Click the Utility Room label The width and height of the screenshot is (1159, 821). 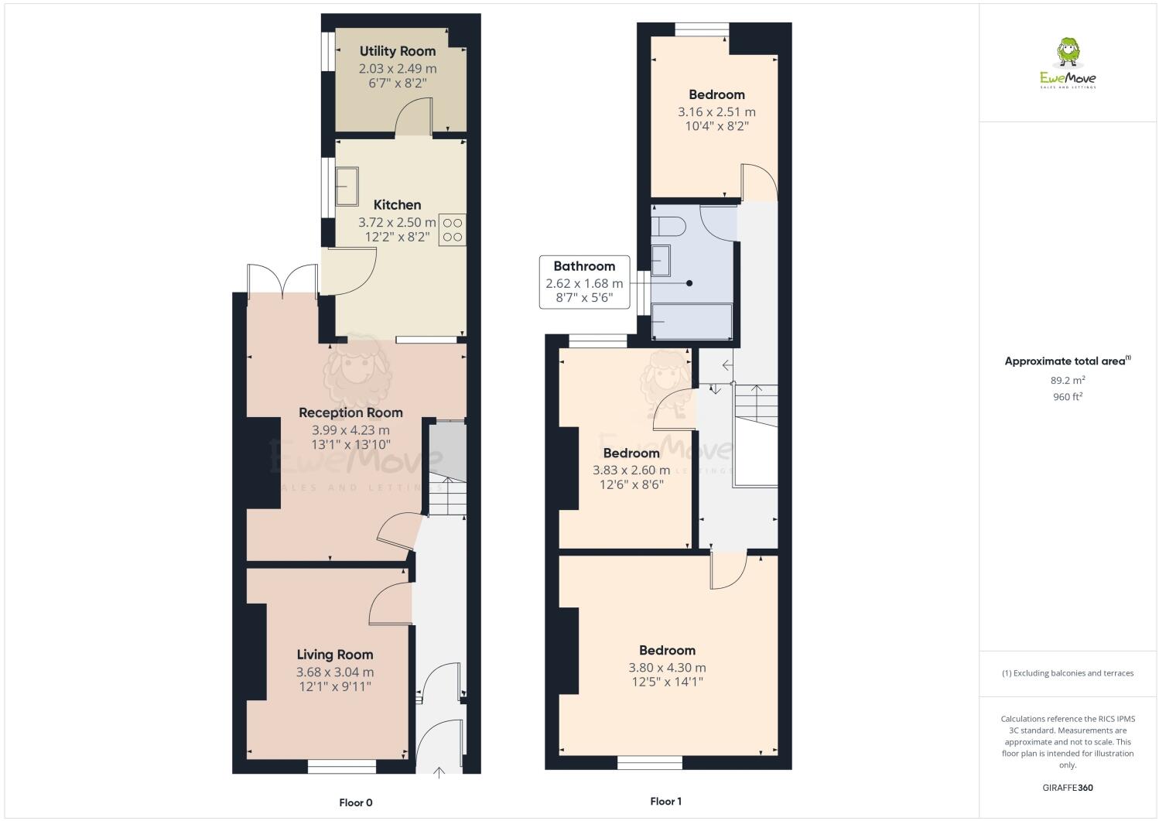tap(397, 51)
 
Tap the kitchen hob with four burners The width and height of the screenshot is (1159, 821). tap(453, 230)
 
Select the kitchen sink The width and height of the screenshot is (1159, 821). tap(347, 186)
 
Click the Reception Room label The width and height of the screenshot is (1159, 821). tap(350, 412)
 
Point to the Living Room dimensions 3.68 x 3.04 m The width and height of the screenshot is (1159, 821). tap(334, 672)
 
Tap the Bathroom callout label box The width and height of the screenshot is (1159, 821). tap(584, 282)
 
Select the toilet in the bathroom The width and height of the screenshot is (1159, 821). tap(668, 226)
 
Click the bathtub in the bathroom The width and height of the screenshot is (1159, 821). tap(692, 321)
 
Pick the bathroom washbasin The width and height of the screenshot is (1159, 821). tap(660, 261)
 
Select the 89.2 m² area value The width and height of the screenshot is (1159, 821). tap(1067, 380)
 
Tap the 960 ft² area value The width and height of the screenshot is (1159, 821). tap(1067, 397)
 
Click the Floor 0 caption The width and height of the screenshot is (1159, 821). tap(361, 802)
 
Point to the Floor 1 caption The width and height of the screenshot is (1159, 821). tap(665, 802)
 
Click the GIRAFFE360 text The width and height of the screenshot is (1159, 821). tap(1068, 788)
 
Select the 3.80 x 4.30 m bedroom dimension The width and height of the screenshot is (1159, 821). tap(667, 668)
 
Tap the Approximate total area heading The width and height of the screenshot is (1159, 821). tap(1067, 361)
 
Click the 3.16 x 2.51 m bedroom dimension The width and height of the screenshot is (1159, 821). tap(716, 112)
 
